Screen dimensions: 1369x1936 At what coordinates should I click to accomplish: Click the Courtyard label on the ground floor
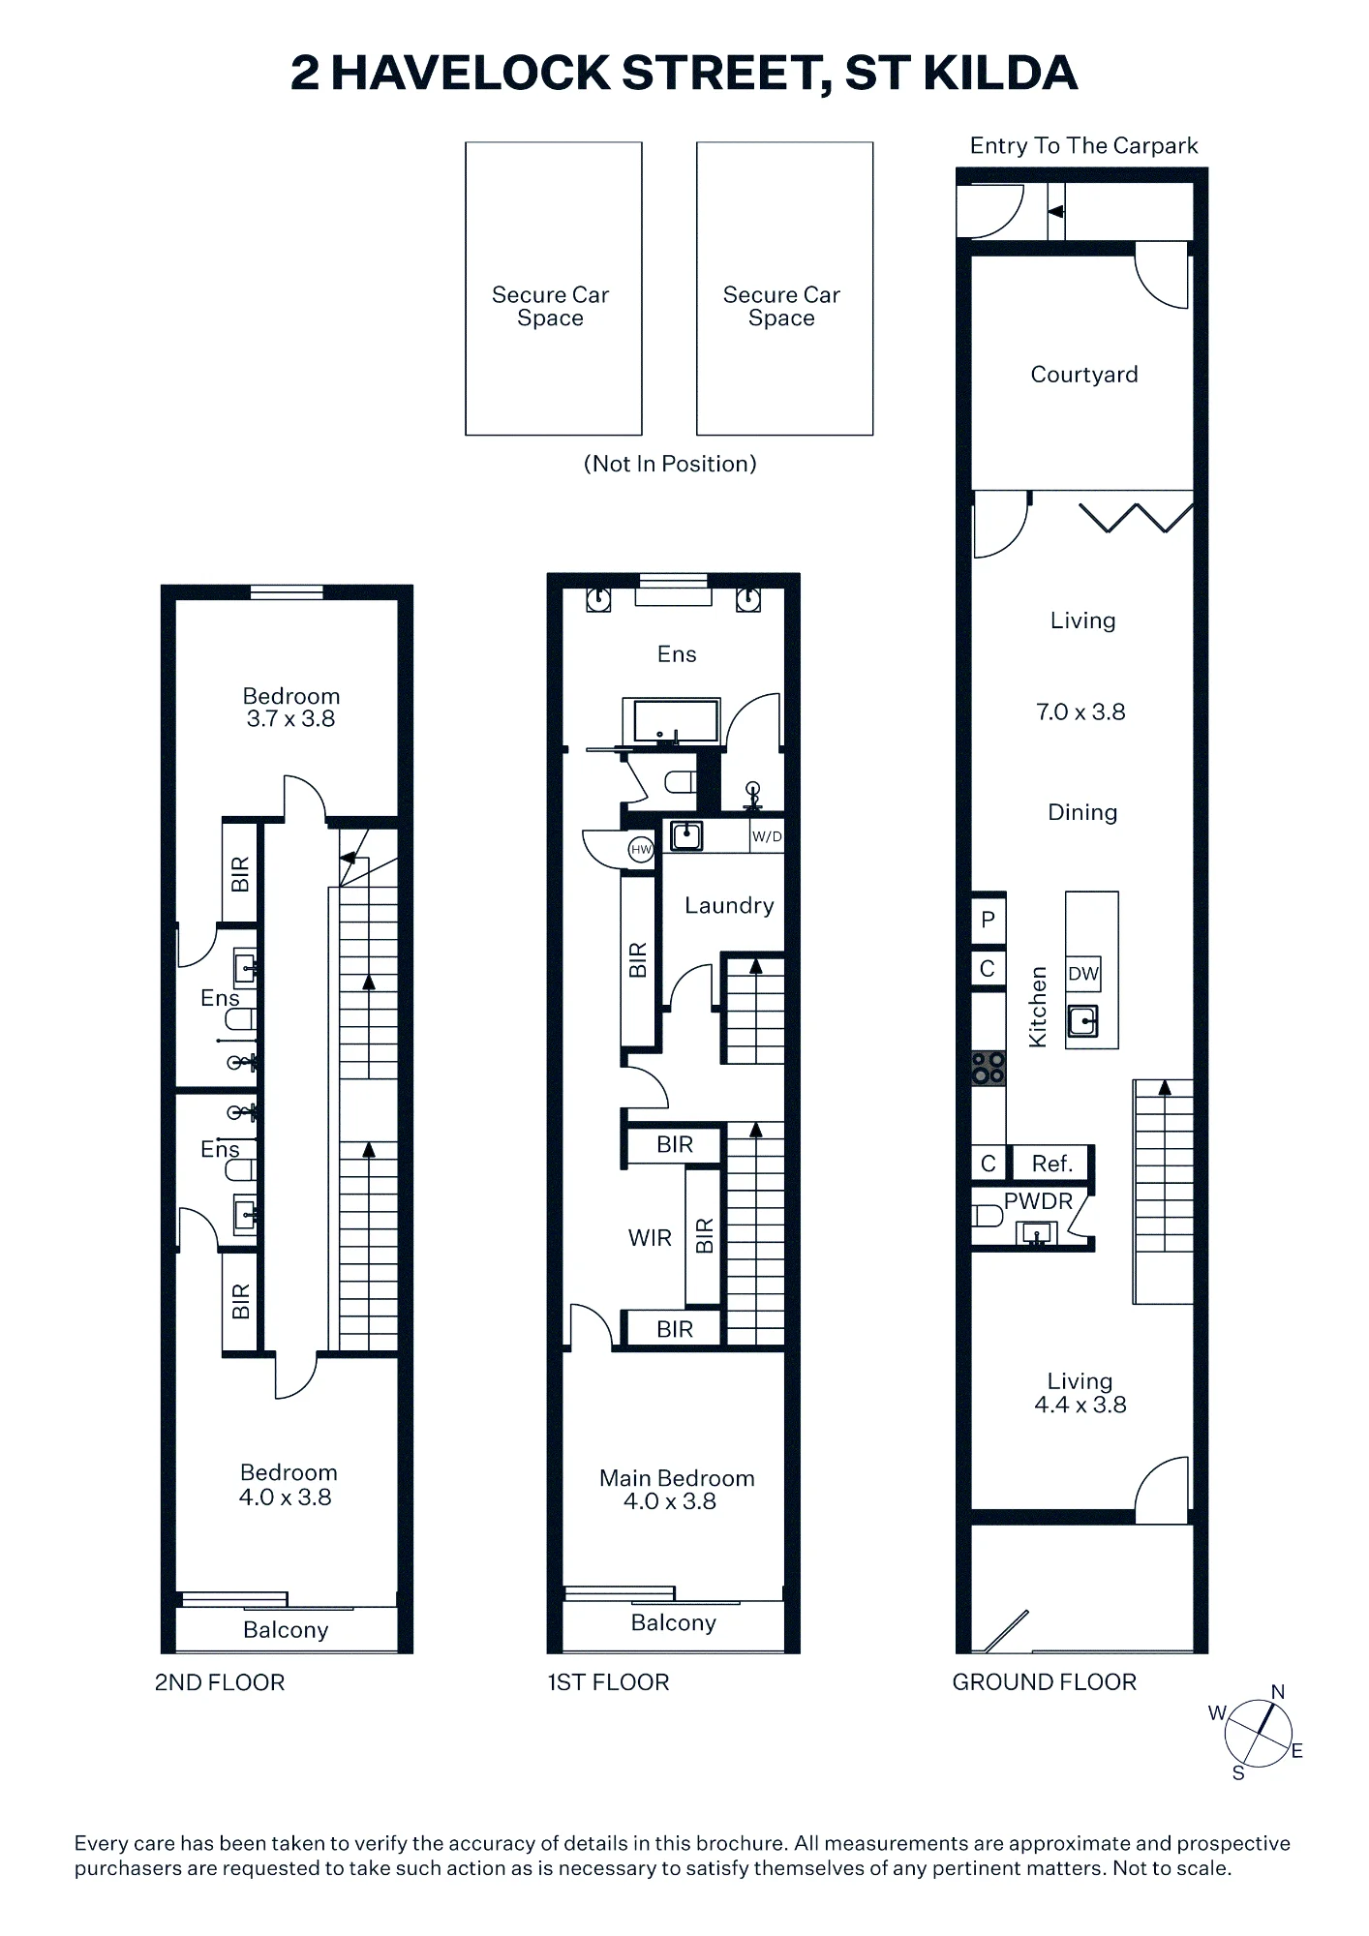1083,375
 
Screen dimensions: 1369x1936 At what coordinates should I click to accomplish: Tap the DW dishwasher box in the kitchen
1083,974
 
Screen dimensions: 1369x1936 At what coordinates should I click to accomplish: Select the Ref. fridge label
1051,1164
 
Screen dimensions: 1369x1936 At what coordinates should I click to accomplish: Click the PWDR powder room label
1038,1201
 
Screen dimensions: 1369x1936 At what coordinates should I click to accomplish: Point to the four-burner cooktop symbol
989,1068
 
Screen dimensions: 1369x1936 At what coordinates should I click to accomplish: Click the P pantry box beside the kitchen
989,919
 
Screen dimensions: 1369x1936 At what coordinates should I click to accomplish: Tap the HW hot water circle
641,850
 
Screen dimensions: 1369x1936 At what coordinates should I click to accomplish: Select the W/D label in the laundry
767,836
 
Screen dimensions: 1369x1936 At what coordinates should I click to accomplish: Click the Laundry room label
729,905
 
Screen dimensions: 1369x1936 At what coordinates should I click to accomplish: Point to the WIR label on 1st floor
650,1238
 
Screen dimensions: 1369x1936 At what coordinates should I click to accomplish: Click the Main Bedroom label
677,1478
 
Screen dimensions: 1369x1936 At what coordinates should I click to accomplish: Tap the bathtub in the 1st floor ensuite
675,721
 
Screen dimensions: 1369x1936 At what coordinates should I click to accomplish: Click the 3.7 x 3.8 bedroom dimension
290,718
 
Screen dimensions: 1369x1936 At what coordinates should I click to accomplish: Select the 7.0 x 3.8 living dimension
1080,711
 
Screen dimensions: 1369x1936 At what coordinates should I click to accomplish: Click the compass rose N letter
1278,1692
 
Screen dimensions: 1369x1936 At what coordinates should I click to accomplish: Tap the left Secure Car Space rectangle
554,288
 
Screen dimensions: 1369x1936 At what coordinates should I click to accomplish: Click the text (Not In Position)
670,464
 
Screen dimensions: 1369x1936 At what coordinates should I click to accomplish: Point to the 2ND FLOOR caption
220,1682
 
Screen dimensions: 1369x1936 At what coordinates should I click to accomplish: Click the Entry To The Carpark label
1083,145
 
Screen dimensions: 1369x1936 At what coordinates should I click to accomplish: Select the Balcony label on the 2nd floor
286,1630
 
